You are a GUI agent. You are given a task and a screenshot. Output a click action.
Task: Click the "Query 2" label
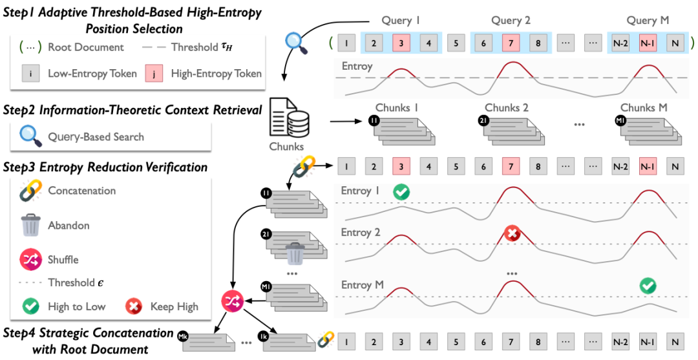[511, 21]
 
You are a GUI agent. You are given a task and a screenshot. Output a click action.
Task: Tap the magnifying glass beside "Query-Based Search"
[28, 136]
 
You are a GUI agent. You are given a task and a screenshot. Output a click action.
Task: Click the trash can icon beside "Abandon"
[30, 226]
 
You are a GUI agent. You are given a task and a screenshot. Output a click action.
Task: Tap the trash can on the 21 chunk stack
[295, 254]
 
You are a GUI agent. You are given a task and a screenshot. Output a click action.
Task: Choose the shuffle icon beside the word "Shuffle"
[30, 259]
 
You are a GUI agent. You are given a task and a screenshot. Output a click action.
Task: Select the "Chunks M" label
[644, 107]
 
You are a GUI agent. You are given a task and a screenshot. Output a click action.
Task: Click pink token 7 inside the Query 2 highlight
[511, 45]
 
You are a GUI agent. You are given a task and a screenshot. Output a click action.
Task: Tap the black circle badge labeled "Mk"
[184, 335]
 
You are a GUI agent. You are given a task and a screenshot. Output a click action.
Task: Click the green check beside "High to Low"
[30, 306]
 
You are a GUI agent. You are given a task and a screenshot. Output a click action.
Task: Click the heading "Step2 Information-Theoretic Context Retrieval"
[132, 110]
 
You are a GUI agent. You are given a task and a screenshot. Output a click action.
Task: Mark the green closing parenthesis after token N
[692, 44]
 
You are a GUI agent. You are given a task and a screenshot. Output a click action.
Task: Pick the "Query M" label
[648, 21]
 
